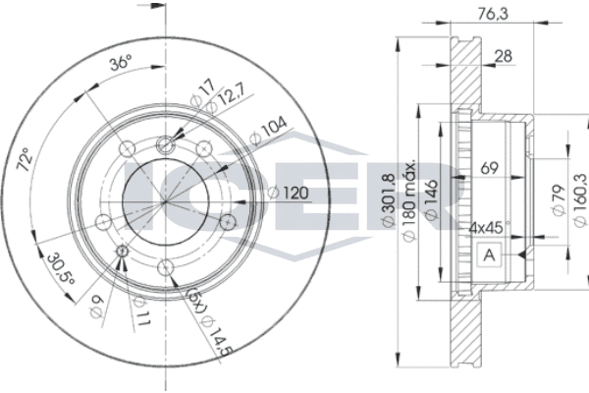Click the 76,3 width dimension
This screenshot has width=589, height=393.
coord(493,14)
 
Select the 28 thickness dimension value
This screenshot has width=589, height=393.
coord(504,56)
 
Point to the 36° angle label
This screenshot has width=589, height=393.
coord(121,62)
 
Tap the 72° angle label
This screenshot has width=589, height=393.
coord(25,160)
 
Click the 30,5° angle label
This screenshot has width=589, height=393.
coord(61,269)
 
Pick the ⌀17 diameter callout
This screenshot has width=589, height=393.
coord(203,92)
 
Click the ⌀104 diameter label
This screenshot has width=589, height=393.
coord(268,132)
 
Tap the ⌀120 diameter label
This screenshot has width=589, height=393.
coord(288,193)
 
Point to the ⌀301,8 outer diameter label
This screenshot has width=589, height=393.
coord(389,200)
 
